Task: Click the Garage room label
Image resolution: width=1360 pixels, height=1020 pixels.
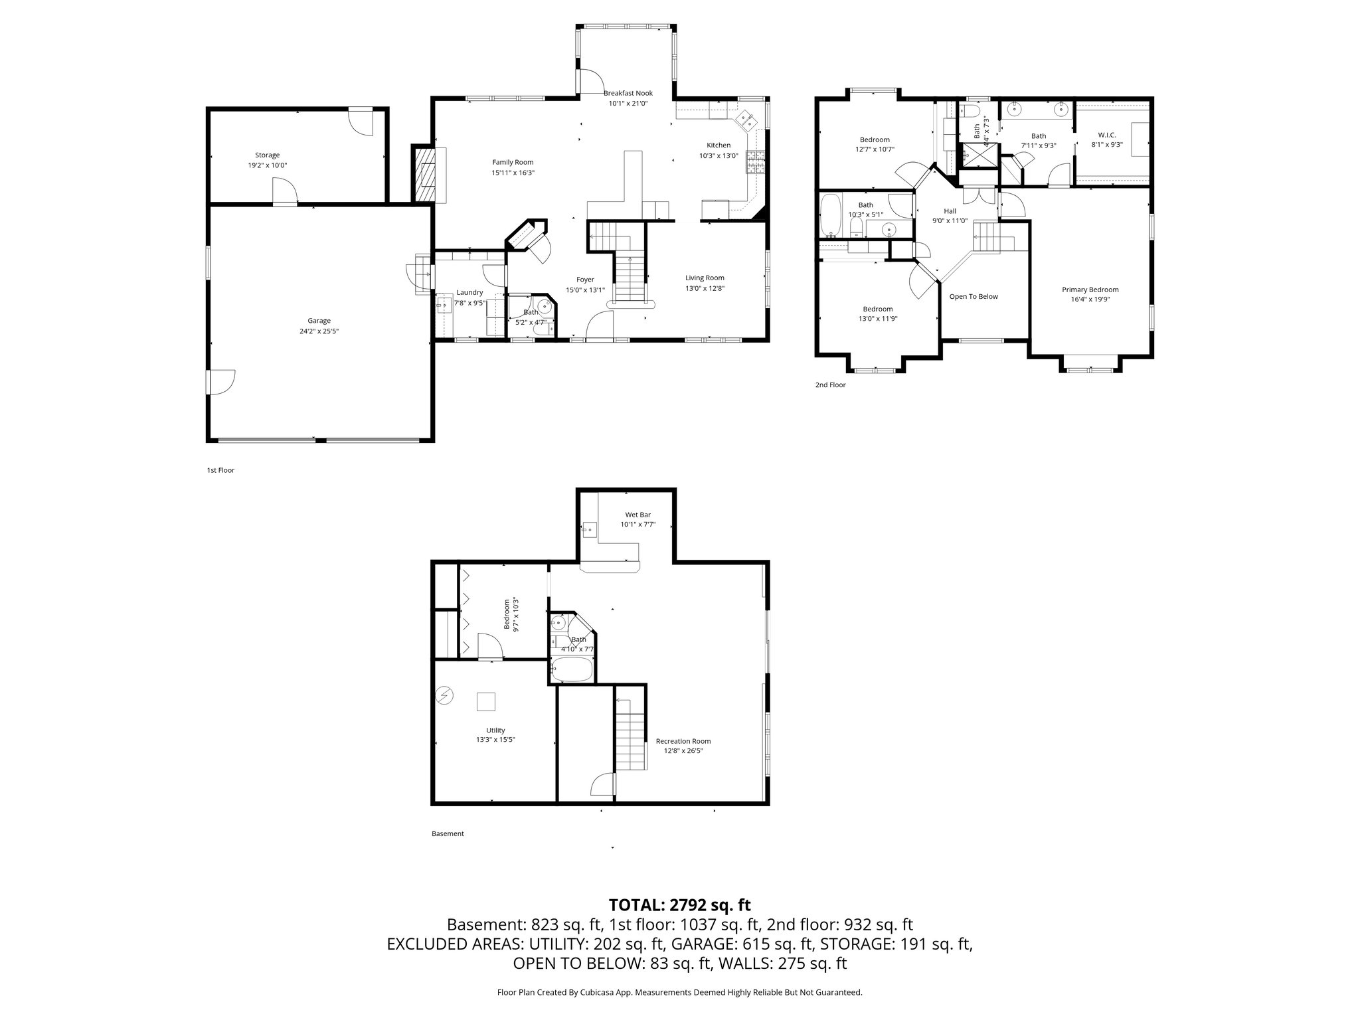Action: click(319, 321)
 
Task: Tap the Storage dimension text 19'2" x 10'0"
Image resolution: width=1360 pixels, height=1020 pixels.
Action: click(267, 165)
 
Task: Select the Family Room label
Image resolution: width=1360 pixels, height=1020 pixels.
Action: click(513, 162)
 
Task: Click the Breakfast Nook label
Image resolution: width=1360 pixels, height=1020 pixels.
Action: click(628, 93)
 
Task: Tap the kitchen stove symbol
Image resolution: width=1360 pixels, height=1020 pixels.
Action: click(756, 162)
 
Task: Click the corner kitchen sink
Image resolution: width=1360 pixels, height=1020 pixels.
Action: click(746, 121)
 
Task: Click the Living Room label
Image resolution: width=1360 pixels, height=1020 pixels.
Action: click(705, 278)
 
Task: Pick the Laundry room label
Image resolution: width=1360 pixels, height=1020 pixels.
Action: click(469, 292)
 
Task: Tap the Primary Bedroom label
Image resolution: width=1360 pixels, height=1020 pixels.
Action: click(1090, 290)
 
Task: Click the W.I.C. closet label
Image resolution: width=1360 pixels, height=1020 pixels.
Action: click(1107, 135)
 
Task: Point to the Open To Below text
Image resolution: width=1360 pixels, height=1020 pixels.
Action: click(974, 296)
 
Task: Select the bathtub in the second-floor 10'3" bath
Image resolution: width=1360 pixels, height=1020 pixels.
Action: click(830, 215)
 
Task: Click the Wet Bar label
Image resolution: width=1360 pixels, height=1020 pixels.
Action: click(637, 515)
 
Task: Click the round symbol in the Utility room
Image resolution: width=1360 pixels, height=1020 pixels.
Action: click(444, 696)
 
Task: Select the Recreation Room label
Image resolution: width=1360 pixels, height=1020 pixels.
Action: click(683, 741)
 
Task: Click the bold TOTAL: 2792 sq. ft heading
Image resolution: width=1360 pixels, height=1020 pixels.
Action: click(679, 904)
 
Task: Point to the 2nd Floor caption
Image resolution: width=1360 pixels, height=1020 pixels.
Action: click(830, 384)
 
